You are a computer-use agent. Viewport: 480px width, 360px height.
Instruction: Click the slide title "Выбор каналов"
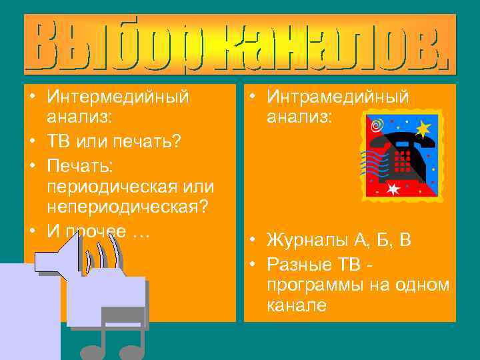[240, 44]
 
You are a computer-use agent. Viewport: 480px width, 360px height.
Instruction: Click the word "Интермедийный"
[118, 97]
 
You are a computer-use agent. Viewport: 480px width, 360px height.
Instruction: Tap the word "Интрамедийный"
[337, 97]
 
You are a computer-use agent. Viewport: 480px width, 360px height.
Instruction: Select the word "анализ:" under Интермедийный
[79, 118]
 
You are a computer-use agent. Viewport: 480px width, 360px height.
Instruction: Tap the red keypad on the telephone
[403, 161]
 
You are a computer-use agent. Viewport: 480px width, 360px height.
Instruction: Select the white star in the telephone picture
[393, 189]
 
